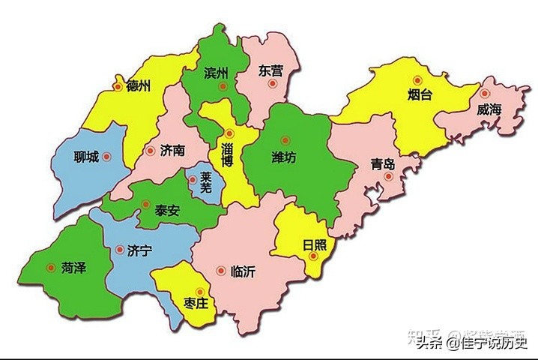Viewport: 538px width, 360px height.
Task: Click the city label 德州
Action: pyautogui.click(x=139, y=85)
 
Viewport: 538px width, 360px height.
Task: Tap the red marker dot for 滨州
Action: pyautogui.click(x=223, y=87)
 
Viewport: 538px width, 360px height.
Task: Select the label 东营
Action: pyautogui.click(x=270, y=71)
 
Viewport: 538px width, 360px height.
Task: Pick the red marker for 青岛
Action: pyautogui.click(x=388, y=177)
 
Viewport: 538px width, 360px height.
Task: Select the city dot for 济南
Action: pyautogui.click(x=147, y=150)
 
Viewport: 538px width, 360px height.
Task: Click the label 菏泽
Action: pyautogui.click(x=73, y=267)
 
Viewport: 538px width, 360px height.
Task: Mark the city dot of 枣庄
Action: pyautogui.click(x=200, y=292)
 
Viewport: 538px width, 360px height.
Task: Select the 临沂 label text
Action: pyautogui.click(x=244, y=271)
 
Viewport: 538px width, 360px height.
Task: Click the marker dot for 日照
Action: pyautogui.click(x=315, y=256)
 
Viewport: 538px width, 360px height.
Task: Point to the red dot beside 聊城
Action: pyautogui.click(x=106, y=157)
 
